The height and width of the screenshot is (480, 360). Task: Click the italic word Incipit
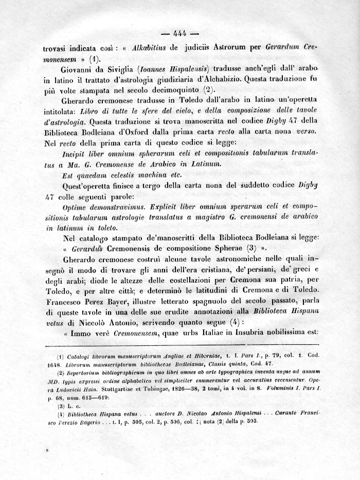(75, 153)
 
